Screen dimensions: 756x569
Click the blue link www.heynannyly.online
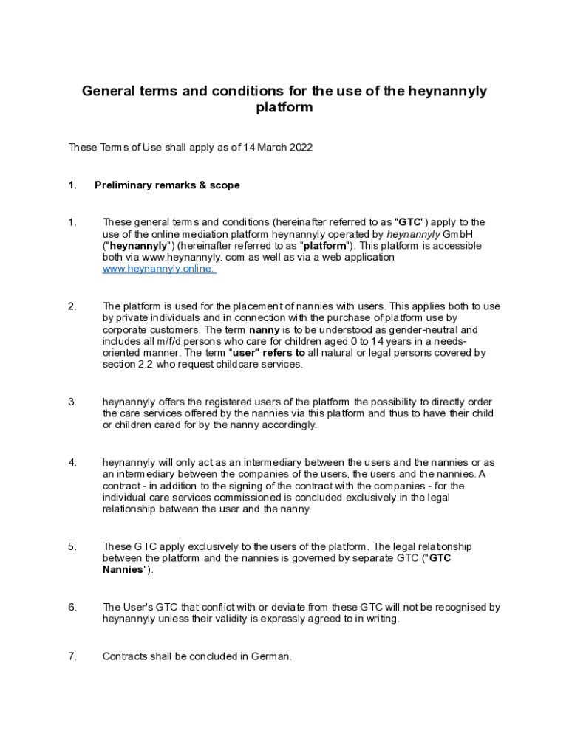pyautogui.click(x=159, y=269)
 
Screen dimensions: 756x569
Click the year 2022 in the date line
pyautogui.click(x=299, y=148)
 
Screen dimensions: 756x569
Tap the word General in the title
pyautogui.click(x=108, y=91)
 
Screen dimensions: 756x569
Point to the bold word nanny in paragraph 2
pyautogui.click(x=264, y=329)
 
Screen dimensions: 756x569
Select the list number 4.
pyautogui.click(x=72, y=462)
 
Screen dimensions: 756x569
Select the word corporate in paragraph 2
pyautogui.click(x=125, y=329)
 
